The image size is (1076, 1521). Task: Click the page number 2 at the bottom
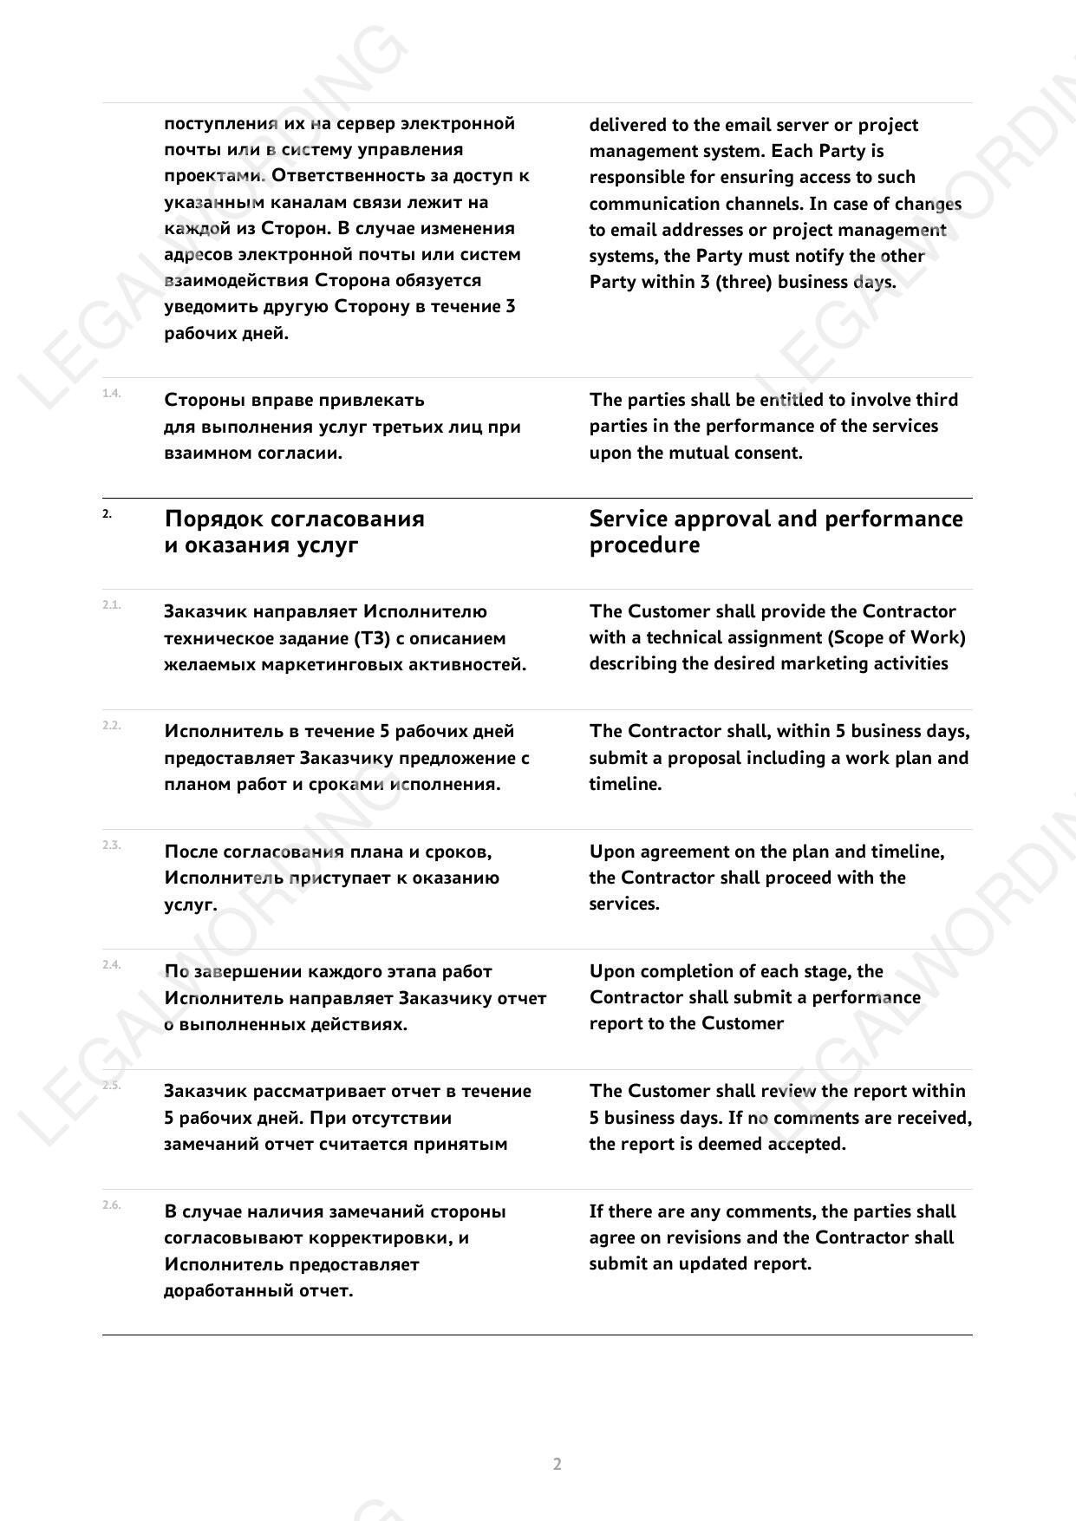pos(557,1464)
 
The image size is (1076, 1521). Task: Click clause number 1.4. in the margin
pos(111,394)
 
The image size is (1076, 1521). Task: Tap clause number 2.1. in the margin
pos(111,605)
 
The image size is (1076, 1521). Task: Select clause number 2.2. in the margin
pos(111,725)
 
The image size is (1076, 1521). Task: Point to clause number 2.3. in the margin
pos(111,845)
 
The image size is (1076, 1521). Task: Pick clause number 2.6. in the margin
pos(111,1204)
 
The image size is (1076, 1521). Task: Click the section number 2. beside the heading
pos(107,513)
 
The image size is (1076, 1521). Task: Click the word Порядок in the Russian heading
pos(214,519)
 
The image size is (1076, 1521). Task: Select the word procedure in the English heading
pos(644,545)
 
